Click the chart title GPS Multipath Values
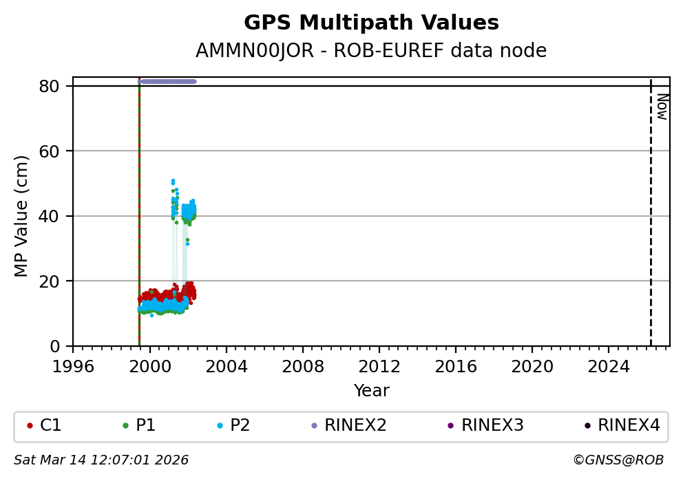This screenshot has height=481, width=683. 371,23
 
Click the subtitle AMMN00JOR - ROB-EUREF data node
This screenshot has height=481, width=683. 371,51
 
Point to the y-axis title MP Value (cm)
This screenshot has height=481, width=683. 22,216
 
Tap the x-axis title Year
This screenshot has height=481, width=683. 371,391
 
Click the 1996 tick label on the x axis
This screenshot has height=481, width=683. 73,367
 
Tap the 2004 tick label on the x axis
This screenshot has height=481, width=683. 227,367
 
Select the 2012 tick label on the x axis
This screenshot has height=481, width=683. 379,367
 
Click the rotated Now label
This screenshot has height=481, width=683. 662,107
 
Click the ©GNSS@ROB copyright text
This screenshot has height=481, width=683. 618,460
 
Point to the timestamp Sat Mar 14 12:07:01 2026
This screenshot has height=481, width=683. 101,460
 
